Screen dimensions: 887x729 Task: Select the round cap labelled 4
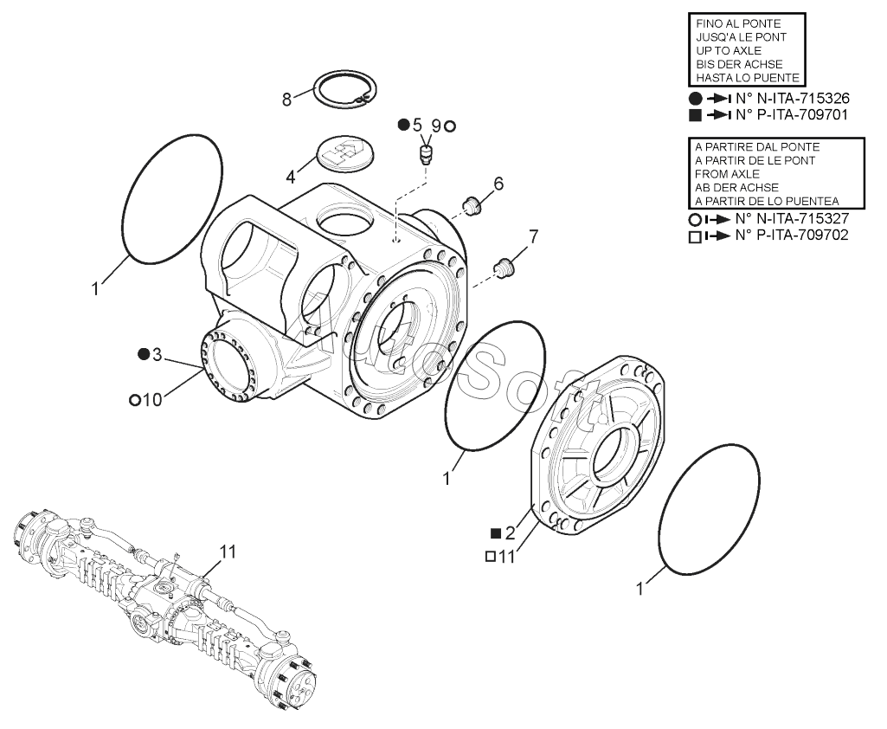pos(342,153)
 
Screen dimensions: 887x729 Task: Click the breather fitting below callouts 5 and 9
pos(426,153)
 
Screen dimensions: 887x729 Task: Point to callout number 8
pos(287,100)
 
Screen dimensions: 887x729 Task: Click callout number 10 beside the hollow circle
pos(152,400)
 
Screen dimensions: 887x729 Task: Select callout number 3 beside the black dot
pos(157,355)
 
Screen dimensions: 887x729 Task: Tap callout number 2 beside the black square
pos(511,532)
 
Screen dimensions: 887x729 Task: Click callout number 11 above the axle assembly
pos(228,552)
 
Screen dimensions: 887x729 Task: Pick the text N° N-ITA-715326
pos(792,98)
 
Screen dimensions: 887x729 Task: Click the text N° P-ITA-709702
pos(792,235)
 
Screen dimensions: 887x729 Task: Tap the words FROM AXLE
pos(728,174)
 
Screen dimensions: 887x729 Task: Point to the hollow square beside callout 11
pos(491,557)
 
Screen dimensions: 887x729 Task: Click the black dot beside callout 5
pos(403,125)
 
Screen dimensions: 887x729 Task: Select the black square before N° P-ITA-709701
pos(695,115)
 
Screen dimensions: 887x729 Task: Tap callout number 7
pos(533,236)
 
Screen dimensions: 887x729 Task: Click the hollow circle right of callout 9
pos(450,126)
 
